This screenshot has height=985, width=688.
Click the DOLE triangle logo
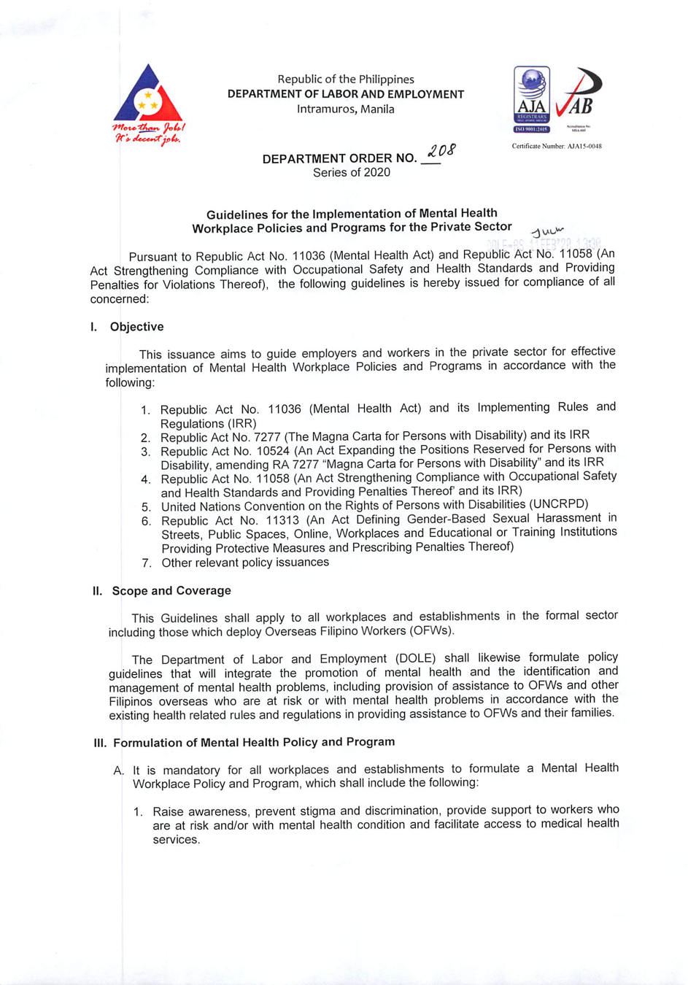tap(148, 95)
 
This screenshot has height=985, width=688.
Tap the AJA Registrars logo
tap(532, 98)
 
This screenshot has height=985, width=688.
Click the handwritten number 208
tap(441, 152)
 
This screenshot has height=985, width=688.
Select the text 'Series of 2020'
tap(351, 173)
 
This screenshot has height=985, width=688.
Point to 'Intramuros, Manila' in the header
tap(345, 109)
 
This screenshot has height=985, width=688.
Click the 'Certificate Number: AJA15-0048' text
tap(557, 147)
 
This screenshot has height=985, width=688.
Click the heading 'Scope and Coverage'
tap(171, 591)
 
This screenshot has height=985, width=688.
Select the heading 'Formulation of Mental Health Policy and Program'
tap(254, 742)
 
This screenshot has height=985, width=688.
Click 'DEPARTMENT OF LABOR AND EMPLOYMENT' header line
tap(345, 94)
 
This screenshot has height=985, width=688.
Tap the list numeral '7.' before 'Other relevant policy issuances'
tap(147, 563)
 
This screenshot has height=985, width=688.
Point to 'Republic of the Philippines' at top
tap(345, 80)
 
